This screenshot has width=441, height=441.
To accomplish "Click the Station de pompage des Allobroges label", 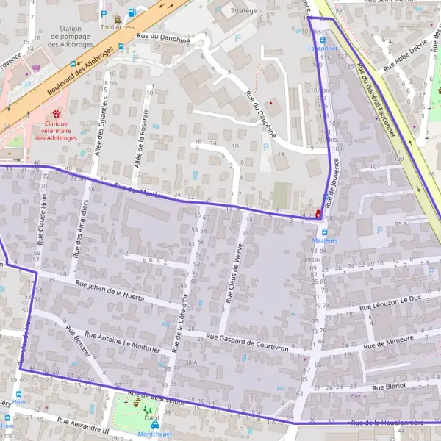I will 71,36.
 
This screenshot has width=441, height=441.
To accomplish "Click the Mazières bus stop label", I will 324,240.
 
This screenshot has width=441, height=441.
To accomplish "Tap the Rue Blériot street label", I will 389,386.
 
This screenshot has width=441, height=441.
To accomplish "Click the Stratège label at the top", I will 243,10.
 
